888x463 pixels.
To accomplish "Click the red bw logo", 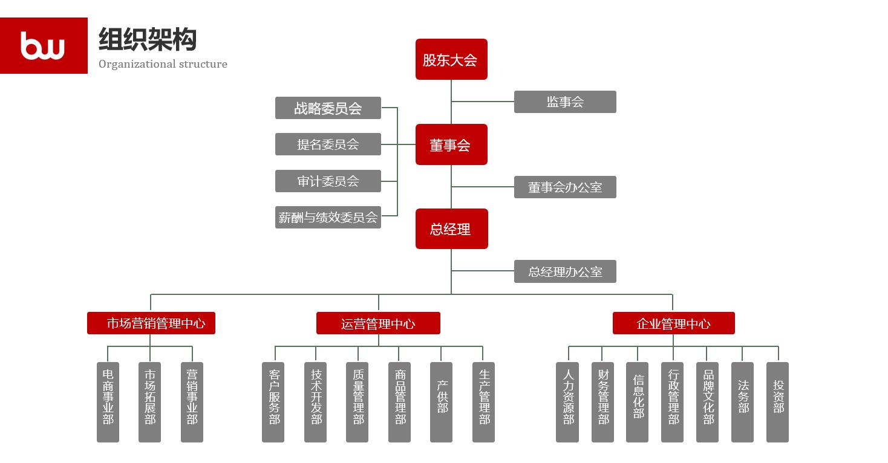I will [x=44, y=45].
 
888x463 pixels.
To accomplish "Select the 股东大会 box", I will [x=451, y=59].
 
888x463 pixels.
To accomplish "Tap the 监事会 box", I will [x=565, y=102].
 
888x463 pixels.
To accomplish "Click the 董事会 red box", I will [x=451, y=144].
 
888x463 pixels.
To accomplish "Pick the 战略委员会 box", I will [x=328, y=108].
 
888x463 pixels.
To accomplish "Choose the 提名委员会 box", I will [x=328, y=144].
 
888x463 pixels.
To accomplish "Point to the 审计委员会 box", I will [x=328, y=181].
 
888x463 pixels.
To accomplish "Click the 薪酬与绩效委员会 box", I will [x=328, y=217].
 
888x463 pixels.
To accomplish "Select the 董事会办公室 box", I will [x=565, y=187].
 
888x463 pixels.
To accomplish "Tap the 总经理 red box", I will [x=451, y=229].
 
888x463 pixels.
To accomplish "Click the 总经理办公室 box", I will [x=565, y=271].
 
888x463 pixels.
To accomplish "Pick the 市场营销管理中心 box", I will [x=151, y=323].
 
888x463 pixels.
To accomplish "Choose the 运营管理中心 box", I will [x=378, y=323].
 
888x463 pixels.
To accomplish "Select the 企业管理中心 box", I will [x=673, y=323].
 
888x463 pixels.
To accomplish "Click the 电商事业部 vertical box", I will [x=108, y=402].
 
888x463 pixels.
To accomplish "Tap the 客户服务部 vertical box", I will [x=273, y=402].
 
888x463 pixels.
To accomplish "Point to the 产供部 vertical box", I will [x=441, y=402].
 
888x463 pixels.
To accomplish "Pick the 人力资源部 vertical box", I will [x=567, y=402].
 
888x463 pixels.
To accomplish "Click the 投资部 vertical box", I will [x=777, y=402].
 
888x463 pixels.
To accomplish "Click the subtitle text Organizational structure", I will [x=163, y=64].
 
